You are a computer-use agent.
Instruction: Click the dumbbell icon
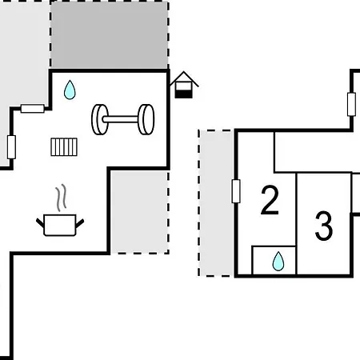[122, 119]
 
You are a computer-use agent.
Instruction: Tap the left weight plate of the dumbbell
[100, 119]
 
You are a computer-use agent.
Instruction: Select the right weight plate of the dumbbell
[146, 119]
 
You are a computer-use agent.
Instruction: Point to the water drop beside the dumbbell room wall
[70, 90]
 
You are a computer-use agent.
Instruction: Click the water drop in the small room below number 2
[278, 261]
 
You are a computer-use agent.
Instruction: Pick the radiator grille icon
[64, 146]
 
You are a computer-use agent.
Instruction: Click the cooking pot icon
[60, 225]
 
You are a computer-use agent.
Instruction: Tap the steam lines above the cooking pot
[61, 198]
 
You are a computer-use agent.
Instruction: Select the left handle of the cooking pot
[40, 223]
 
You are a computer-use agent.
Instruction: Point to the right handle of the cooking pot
[80, 223]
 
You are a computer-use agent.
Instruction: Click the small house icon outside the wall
[184, 85]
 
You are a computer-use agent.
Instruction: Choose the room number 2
[270, 200]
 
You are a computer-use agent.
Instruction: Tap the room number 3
[324, 226]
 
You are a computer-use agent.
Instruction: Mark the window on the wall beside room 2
[236, 191]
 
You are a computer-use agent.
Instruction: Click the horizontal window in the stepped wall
[33, 109]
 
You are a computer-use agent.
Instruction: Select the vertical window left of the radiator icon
[11, 147]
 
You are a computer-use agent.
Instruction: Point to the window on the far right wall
[351, 104]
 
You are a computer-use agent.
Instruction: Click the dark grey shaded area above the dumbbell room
[110, 34]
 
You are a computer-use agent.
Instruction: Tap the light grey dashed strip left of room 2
[216, 203]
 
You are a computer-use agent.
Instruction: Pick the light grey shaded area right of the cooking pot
[140, 212]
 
